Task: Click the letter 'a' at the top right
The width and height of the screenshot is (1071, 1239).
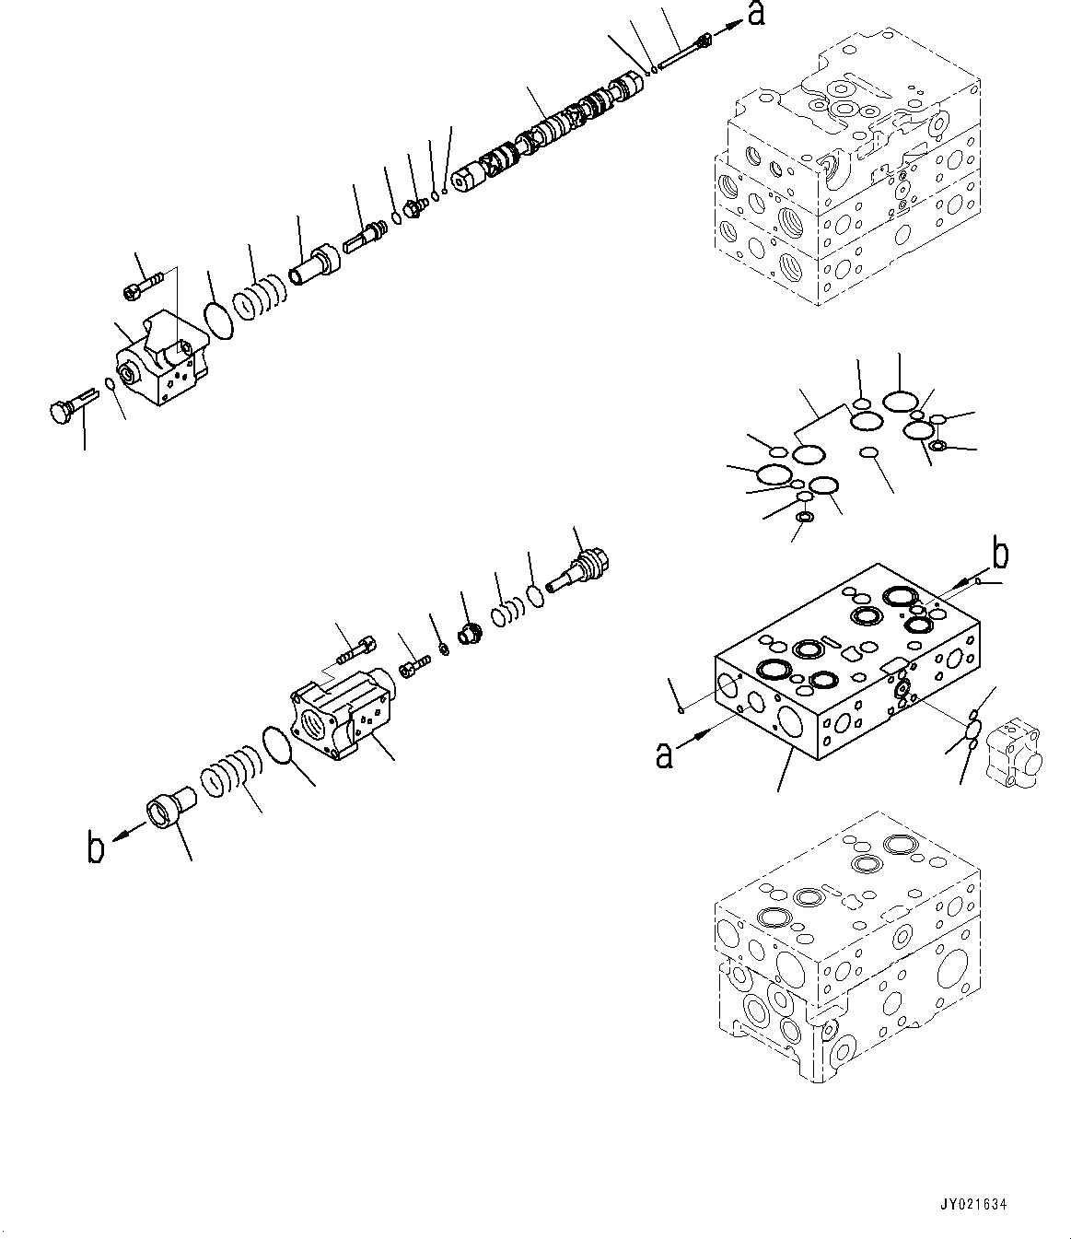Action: (755, 16)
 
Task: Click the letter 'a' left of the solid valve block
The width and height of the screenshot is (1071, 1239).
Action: (663, 755)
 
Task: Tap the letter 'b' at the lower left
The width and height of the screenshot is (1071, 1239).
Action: (96, 848)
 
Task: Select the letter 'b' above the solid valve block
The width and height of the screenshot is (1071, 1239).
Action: (999, 555)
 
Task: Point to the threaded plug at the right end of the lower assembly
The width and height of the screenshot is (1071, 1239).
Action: (579, 570)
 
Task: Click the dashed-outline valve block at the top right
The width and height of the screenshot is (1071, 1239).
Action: (847, 175)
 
